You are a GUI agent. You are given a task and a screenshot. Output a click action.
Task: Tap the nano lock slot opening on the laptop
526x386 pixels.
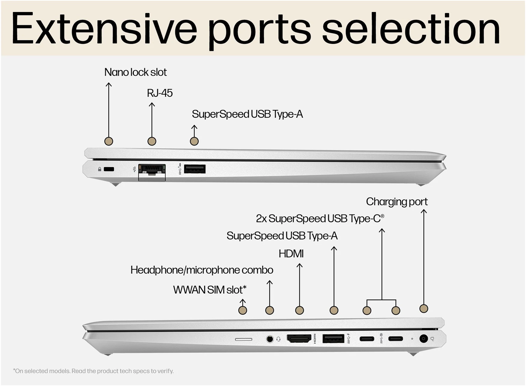pyautogui.click(x=109, y=169)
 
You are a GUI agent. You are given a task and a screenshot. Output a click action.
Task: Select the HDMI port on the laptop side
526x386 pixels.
pyautogui.click(x=299, y=339)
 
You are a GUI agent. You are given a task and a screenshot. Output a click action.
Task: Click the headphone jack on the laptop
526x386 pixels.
pyautogui.click(x=270, y=339)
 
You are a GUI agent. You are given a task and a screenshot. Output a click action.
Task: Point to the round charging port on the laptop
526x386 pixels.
pyautogui.click(x=424, y=339)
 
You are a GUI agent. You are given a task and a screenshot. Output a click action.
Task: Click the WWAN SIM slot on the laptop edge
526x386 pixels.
pyautogui.click(x=243, y=339)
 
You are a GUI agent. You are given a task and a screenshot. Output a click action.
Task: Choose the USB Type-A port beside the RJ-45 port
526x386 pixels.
pyautogui.click(x=195, y=169)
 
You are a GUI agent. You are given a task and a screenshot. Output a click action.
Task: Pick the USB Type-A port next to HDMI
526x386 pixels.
pyautogui.click(x=333, y=339)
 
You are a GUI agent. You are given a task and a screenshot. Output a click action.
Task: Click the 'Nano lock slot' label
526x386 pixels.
pyautogui.click(x=135, y=72)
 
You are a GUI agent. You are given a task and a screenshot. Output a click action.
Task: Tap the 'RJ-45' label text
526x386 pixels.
pyautogui.click(x=160, y=93)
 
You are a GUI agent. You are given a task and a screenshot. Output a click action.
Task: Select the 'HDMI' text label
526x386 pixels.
pyautogui.click(x=291, y=254)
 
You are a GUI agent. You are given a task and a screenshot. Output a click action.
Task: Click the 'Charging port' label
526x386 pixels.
pyautogui.click(x=396, y=202)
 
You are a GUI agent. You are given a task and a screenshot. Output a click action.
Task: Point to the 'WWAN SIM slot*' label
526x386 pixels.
pyautogui.click(x=209, y=290)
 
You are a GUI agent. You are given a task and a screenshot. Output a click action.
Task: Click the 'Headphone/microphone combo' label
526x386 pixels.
pyautogui.click(x=202, y=270)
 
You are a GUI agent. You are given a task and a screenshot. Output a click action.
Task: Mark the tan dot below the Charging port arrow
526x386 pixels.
pyautogui.click(x=424, y=308)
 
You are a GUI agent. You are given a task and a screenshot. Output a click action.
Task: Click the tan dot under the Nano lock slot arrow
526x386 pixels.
pyautogui.click(x=109, y=141)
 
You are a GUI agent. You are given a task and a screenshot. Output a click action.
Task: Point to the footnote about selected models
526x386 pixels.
pyautogui.click(x=93, y=371)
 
